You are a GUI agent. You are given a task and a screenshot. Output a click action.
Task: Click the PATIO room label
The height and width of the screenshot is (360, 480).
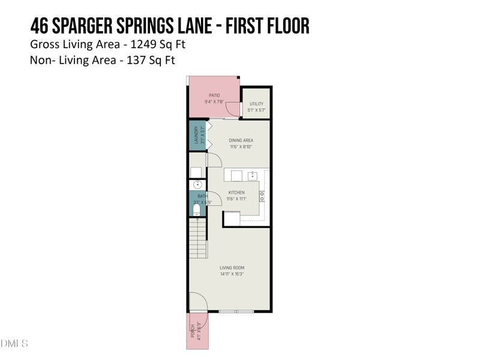tap(214, 95)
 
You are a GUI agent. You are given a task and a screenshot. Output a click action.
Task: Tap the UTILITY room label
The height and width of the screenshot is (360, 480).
tap(256, 104)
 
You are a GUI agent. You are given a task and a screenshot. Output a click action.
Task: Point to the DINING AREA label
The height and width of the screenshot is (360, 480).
tap(241, 140)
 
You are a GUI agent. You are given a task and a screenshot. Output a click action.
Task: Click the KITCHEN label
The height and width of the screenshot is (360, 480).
tap(236, 193)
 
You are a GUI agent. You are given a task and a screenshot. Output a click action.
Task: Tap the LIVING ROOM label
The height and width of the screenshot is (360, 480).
tap(232, 268)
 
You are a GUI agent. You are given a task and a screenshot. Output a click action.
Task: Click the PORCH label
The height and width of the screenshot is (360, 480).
tap(193, 331)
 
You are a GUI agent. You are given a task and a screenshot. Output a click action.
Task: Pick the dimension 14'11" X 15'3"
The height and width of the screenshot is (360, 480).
tap(232, 274)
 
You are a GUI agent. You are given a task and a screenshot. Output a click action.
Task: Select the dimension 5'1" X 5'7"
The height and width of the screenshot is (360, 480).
tap(256, 110)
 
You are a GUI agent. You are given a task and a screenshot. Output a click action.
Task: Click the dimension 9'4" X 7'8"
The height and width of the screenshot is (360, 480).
tap(214, 102)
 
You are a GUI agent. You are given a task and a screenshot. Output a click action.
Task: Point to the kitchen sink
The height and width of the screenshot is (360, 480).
tap(253, 175)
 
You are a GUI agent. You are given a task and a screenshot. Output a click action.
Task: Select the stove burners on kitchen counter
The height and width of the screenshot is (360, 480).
tap(262, 196)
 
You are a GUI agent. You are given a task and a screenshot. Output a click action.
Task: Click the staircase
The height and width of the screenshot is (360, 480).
tap(197, 238)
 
